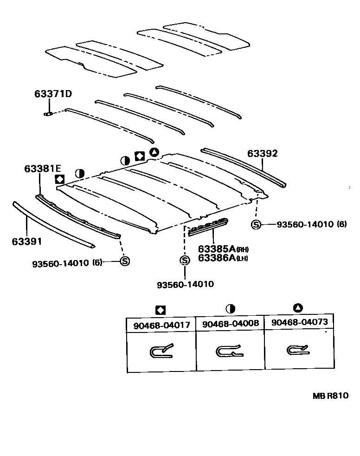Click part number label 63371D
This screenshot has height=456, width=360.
click(x=53, y=94)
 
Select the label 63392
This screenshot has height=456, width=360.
click(x=262, y=153)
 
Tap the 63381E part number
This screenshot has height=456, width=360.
click(x=43, y=169)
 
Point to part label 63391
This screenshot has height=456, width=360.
click(x=27, y=241)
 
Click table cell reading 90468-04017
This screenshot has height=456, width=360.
click(x=161, y=325)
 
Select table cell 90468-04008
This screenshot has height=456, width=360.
click(x=230, y=325)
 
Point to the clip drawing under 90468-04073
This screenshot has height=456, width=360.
click(x=297, y=350)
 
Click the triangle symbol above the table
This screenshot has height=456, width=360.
click(x=298, y=307)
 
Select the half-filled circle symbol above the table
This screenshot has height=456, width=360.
click(x=230, y=309)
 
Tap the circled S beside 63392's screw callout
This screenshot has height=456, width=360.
click(x=256, y=225)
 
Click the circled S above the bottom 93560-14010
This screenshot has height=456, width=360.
click(x=185, y=261)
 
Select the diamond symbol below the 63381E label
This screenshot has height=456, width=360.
click(x=59, y=179)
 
